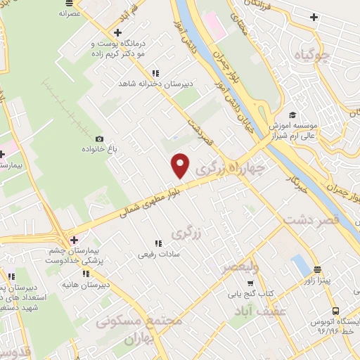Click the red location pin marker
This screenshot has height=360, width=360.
(x=181, y=165)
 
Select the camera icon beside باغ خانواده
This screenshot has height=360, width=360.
(x=99, y=139)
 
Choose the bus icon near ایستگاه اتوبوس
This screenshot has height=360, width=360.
(x=335, y=310)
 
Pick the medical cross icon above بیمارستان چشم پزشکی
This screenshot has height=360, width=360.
(x=74, y=240)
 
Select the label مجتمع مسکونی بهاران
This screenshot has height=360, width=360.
(x=139, y=328)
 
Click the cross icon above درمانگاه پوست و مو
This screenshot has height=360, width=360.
(x=117, y=33)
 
